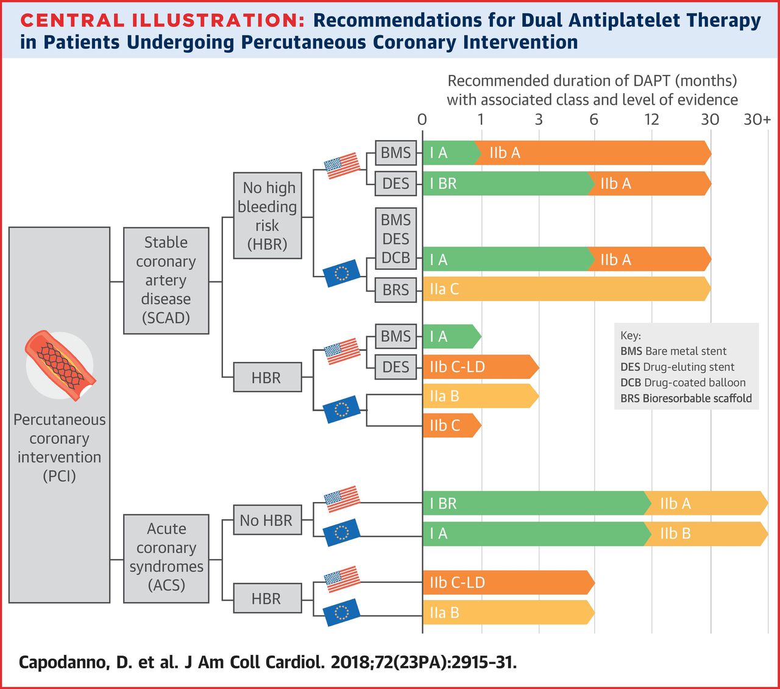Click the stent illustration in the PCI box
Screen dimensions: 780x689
tap(60, 366)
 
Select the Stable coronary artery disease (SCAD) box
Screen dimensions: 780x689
tap(166, 281)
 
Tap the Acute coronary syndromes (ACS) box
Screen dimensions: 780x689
tap(166, 559)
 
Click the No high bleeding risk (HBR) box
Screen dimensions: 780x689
tap(267, 216)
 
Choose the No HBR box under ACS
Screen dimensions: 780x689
tap(267, 520)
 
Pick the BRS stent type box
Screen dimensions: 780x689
tap(395, 290)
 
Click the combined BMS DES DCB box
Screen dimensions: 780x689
tap(395, 239)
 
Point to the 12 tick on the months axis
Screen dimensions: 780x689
tap(652, 120)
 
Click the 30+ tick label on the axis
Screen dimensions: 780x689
tap(757, 120)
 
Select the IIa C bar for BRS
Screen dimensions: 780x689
tap(567, 289)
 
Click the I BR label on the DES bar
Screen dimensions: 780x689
tap(443, 183)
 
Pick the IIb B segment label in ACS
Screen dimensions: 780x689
tap(675, 534)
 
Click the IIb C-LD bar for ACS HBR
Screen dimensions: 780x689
tap(509, 582)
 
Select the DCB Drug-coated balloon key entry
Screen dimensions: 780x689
tap(683, 383)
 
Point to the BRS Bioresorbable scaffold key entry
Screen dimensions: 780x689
tap(686, 398)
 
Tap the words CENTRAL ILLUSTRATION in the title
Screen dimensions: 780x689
tap(162, 20)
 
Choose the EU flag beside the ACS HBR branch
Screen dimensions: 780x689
tap(341, 612)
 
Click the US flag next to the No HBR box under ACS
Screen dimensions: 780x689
tap(342, 499)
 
